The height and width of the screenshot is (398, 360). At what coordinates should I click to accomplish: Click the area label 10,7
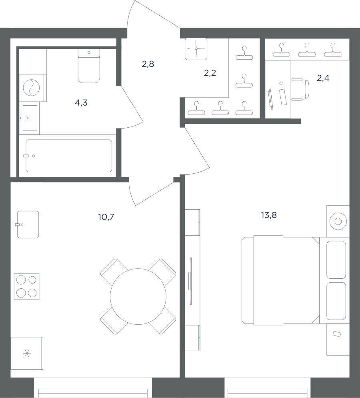[106, 217]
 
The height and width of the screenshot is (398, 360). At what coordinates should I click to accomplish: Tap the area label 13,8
[269, 215]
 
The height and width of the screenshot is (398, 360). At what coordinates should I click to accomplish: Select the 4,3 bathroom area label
[81, 103]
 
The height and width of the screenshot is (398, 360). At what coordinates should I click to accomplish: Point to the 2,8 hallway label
[148, 64]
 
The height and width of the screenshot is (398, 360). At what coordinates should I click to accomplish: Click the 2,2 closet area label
[210, 73]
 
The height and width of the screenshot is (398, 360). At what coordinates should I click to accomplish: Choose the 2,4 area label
[323, 78]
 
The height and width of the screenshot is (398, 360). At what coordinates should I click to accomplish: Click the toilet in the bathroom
[89, 66]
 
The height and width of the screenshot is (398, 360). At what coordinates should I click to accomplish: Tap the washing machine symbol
[32, 88]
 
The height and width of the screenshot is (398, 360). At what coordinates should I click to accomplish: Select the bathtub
[69, 156]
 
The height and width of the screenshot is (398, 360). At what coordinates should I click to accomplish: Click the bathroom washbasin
[30, 118]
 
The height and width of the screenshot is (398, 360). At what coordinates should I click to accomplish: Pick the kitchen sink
[28, 224]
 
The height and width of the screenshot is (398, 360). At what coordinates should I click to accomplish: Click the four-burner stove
[27, 286]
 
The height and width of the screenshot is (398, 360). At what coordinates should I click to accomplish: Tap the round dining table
[138, 296]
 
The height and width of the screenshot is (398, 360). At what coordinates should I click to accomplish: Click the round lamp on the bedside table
[338, 221]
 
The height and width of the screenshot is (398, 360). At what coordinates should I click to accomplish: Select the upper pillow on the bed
[336, 260]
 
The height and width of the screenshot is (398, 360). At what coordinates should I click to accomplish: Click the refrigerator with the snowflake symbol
[27, 353]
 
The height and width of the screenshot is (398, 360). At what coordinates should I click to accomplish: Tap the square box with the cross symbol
[196, 49]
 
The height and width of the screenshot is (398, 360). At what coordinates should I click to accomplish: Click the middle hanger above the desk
[307, 50]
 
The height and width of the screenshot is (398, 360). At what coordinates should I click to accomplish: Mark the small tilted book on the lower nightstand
[337, 334]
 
